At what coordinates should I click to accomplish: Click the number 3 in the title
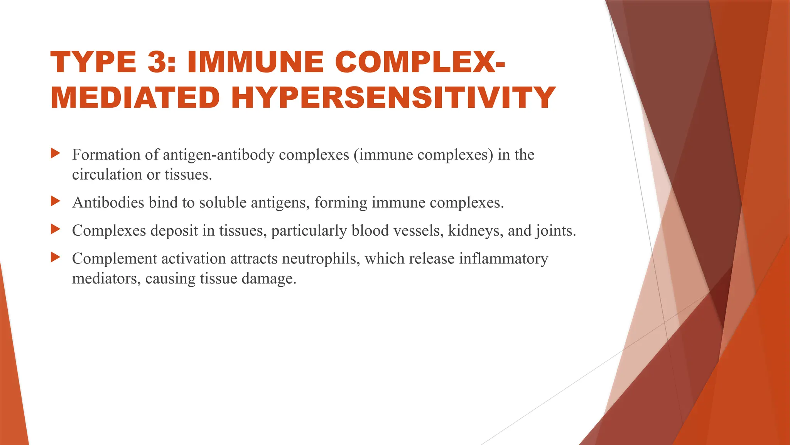159,62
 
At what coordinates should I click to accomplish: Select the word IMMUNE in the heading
255,62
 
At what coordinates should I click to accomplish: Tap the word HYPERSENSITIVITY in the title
393,97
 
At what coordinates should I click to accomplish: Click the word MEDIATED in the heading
135,97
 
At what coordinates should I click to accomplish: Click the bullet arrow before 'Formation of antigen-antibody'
56,153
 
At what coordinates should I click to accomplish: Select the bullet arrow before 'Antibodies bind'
56,201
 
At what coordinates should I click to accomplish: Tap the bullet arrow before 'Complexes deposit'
56,229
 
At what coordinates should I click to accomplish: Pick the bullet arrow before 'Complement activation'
56,257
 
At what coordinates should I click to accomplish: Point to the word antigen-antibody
219,155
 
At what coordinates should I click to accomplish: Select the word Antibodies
108,202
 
